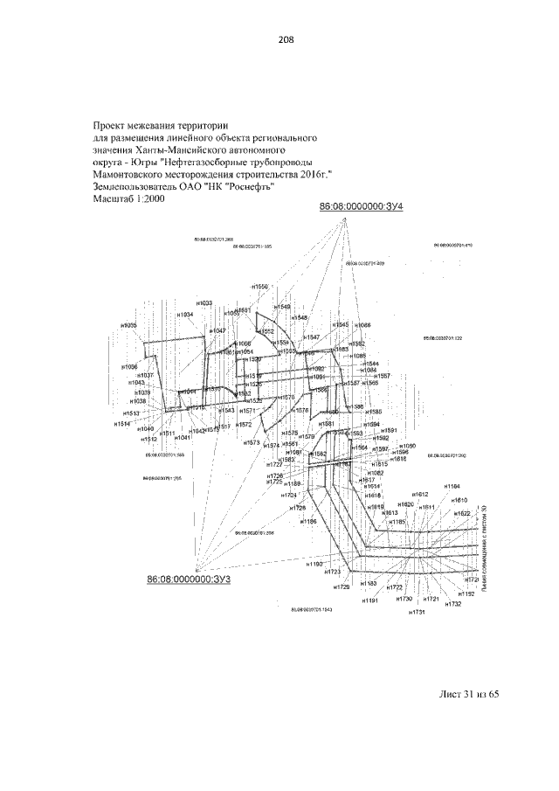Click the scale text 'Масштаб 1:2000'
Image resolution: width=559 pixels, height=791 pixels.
(128, 198)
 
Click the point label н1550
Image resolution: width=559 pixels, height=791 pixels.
(260, 286)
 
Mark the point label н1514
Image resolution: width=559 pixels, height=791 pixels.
(122, 423)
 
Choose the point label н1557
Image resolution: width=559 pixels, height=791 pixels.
(383, 376)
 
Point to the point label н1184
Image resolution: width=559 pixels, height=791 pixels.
(452, 485)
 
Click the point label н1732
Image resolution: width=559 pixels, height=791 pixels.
(452, 604)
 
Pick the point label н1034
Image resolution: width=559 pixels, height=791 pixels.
(184, 314)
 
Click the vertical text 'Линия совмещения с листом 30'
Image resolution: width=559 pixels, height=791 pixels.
(495, 552)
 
